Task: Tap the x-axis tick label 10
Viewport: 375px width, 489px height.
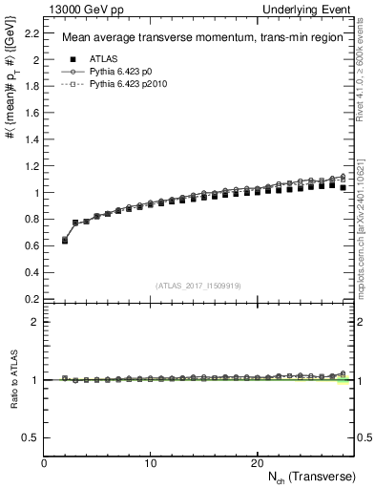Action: (x=150, y=462)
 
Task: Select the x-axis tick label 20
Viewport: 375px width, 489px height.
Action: (x=256, y=462)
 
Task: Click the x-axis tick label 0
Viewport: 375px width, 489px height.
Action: (x=44, y=462)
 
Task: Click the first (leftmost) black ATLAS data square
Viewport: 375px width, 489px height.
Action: (x=65, y=241)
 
